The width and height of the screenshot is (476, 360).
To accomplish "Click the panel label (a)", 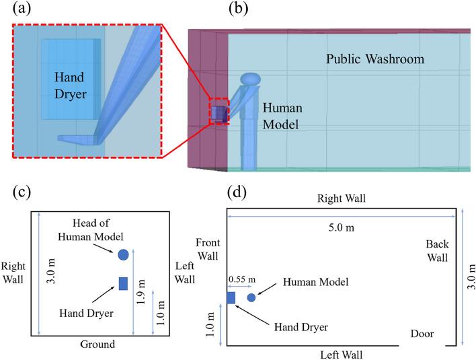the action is [x=22, y=9].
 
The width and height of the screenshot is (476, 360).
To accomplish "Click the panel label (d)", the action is [x=237, y=192].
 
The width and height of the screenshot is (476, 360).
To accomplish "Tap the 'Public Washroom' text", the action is [x=375, y=59].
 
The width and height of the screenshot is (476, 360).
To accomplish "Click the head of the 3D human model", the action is [x=251, y=79].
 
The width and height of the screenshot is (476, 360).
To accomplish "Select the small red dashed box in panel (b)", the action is [x=219, y=111].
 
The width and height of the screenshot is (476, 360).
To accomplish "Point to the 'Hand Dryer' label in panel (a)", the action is [x=71, y=85].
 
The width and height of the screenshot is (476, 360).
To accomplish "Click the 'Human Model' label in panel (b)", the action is [x=282, y=116].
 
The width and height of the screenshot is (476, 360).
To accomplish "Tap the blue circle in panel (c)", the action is [x=123, y=254].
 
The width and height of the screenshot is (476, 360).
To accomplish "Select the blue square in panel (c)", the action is [x=123, y=283].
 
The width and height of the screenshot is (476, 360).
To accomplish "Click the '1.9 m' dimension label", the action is [x=141, y=292].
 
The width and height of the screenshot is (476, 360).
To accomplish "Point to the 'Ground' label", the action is [x=97, y=345].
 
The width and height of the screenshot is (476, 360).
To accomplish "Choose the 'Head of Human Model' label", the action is [x=91, y=229].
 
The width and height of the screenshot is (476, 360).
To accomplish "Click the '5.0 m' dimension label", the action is [x=342, y=227].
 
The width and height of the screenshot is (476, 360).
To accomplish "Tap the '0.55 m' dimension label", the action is [x=242, y=279].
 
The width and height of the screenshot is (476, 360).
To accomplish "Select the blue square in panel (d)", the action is [x=231, y=297].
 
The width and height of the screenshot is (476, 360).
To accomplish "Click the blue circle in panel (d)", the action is [x=251, y=297].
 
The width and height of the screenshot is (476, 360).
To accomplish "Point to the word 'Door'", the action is [x=422, y=334].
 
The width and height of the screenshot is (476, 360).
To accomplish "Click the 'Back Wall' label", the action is [x=437, y=251].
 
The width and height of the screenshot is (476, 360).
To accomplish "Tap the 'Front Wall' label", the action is [x=208, y=249].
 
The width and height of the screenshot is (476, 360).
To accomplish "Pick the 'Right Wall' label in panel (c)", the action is [x=13, y=273].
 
